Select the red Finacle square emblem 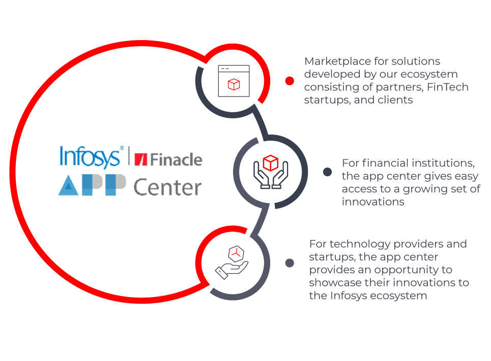pos(140,159)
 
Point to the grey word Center pos(167,187)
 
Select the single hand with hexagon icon pos(232,262)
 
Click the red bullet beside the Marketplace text pos(290,81)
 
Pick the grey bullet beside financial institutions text pos(328,172)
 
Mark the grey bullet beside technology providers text pos(290,263)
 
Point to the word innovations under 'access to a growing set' pos(373,202)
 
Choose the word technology pos(354,244)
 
